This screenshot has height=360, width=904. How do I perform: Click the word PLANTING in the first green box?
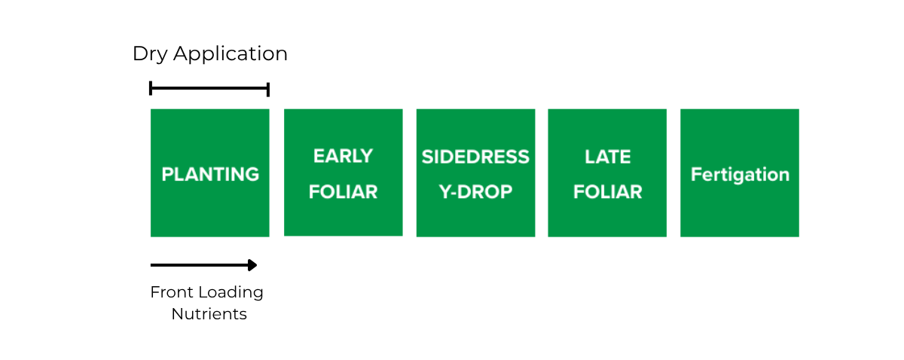pyautogui.click(x=210, y=174)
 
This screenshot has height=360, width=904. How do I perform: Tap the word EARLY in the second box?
pyautogui.click(x=343, y=156)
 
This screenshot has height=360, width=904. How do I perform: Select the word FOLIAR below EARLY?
pyautogui.click(x=343, y=192)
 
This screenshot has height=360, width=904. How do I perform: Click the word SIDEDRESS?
pyautogui.click(x=475, y=157)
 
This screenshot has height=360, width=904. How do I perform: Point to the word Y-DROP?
pyautogui.click(x=475, y=192)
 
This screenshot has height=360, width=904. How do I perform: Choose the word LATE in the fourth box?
pyautogui.click(x=608, y=157)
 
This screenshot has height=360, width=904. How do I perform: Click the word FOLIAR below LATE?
pyautogui.click(x=608, y=192)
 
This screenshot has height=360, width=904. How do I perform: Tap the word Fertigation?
pyautogui.click(x=740, y=175)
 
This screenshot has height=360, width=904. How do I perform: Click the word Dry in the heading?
pyautogui.click(x=150, y=54)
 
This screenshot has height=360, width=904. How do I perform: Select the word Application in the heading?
pyautogui.click(x=231, y=54)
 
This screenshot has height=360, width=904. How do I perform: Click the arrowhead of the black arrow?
pyautogui.click(x=252, y=265)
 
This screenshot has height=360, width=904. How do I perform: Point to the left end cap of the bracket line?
pyautogui.click(x=151, y=88)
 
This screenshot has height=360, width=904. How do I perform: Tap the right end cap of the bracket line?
pyautogui.click(x=268, y=90)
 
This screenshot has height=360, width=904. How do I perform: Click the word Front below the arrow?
pyautogui.click(x=171, y=292)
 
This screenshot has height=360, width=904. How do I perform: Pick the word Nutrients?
pyautogui.click(x=209, y=314)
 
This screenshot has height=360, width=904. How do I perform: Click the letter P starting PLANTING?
pyautogui.click(x=167, y=174)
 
